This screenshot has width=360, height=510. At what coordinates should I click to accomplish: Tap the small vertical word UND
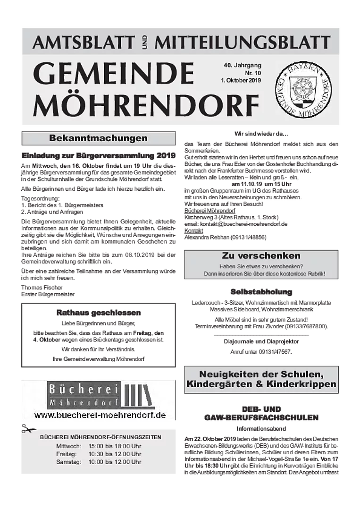point(144,43)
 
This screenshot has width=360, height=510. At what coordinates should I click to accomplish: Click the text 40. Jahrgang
point(243,65)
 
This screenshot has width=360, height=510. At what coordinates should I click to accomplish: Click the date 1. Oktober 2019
point(241,80)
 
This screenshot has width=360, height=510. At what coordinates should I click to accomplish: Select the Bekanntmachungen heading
point(98,138)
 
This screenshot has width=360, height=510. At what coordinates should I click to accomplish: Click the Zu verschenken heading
point(261,256)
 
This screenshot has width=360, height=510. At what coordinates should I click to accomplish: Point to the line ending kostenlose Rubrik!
point(264,274)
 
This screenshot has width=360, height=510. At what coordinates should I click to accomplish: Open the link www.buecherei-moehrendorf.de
point(100,415)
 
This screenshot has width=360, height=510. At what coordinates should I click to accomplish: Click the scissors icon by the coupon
point(26,430)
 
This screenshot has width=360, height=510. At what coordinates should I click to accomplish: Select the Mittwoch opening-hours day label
point(69,446)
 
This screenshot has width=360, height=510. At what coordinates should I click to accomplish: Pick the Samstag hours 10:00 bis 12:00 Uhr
point(115,462)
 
